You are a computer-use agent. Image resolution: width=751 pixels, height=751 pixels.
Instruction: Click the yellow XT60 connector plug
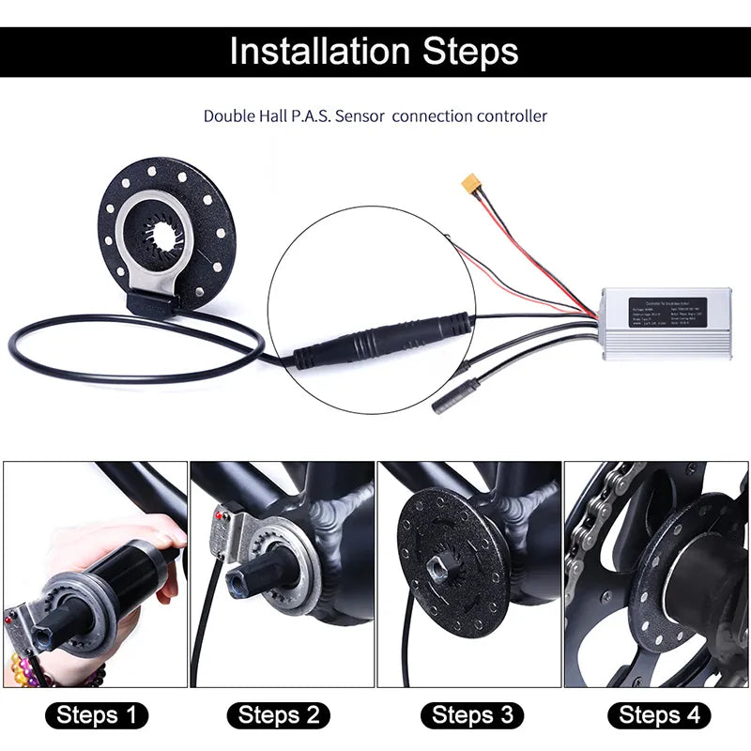[x=471, y=185]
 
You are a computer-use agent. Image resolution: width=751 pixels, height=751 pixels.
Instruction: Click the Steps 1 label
[x=97, y=715]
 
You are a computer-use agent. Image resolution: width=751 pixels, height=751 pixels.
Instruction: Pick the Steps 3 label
[x=471, y=715]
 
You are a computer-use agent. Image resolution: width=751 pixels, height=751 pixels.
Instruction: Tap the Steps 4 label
[x=659, y=715]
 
